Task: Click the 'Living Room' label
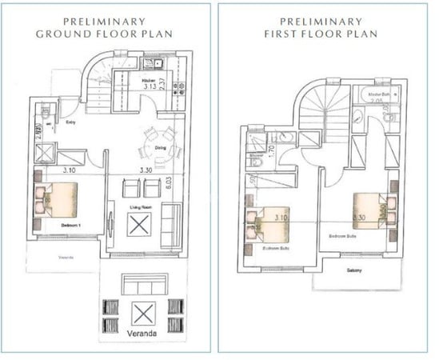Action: pos(142,206)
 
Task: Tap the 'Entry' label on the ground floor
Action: pos(70,122)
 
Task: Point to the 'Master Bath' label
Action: pos(377,94)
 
